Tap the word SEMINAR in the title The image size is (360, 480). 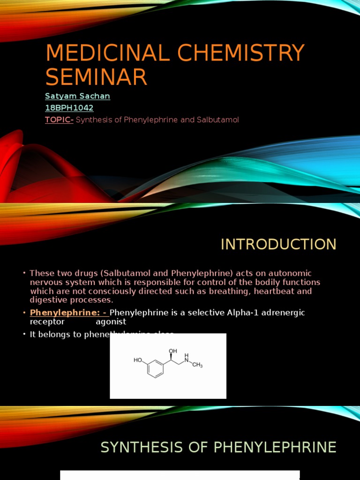coord(96,77)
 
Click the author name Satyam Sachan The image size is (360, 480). coord(77,96)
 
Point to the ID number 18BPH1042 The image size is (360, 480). coord(69,108)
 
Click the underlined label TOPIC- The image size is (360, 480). coord(59,120)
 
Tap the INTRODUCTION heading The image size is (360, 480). coord(278,244)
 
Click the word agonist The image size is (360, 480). coord(111,322)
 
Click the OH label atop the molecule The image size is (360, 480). coord(173,350)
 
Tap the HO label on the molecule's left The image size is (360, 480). coord(138,360)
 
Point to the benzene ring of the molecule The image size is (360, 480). coord(155,368)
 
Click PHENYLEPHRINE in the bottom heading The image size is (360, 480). coord(275,447)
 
